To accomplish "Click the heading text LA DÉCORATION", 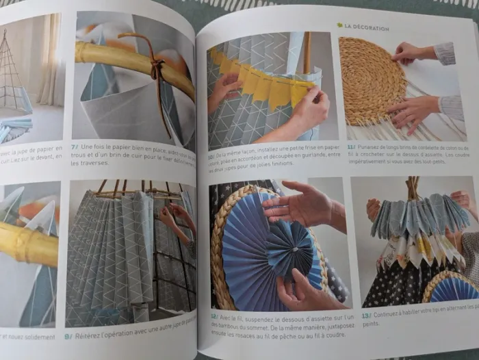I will point(367,28).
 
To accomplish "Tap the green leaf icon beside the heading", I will point(339,25).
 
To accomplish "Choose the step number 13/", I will point(366,316).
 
